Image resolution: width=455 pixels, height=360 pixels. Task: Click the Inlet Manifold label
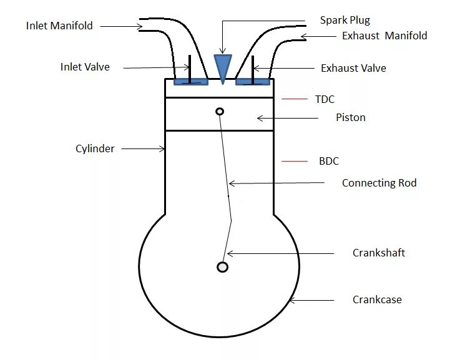tap(59, 26)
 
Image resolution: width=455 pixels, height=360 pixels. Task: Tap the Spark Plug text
tap(345, 21)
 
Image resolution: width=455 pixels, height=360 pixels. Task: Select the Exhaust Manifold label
tap(384, 36)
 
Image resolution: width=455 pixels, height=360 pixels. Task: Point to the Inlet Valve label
tap(85, 67)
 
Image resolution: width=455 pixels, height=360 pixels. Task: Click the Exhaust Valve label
tap(353, 68)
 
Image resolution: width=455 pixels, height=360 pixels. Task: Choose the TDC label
tap(325, 99)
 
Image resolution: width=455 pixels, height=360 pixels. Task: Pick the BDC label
tap(329, 161)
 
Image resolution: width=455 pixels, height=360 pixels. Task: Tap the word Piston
tap(351, 117)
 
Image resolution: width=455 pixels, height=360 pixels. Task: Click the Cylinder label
tap(95, 148)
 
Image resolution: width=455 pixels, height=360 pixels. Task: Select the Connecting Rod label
tap(379, 183)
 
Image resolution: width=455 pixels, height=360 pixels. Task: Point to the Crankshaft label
tap(379, 253)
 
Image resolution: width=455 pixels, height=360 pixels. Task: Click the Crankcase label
tap(377, 299)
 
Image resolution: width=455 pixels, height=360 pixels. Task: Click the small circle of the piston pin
tap(220, 112)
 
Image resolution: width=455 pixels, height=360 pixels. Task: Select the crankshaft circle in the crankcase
tap(222, 267)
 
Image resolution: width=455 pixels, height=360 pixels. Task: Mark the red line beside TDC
tap(295, 99)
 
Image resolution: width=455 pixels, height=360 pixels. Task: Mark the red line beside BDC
tap(295, 161)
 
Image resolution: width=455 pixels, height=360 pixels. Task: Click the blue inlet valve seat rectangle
tap(190, 82)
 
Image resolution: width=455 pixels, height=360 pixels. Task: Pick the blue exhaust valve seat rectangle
tap(253, 82)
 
